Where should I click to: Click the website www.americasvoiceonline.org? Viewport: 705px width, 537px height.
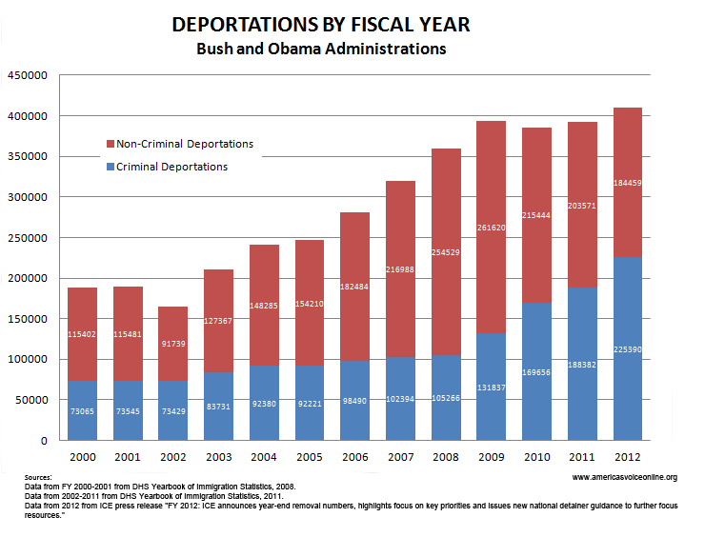click(626, 477)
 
